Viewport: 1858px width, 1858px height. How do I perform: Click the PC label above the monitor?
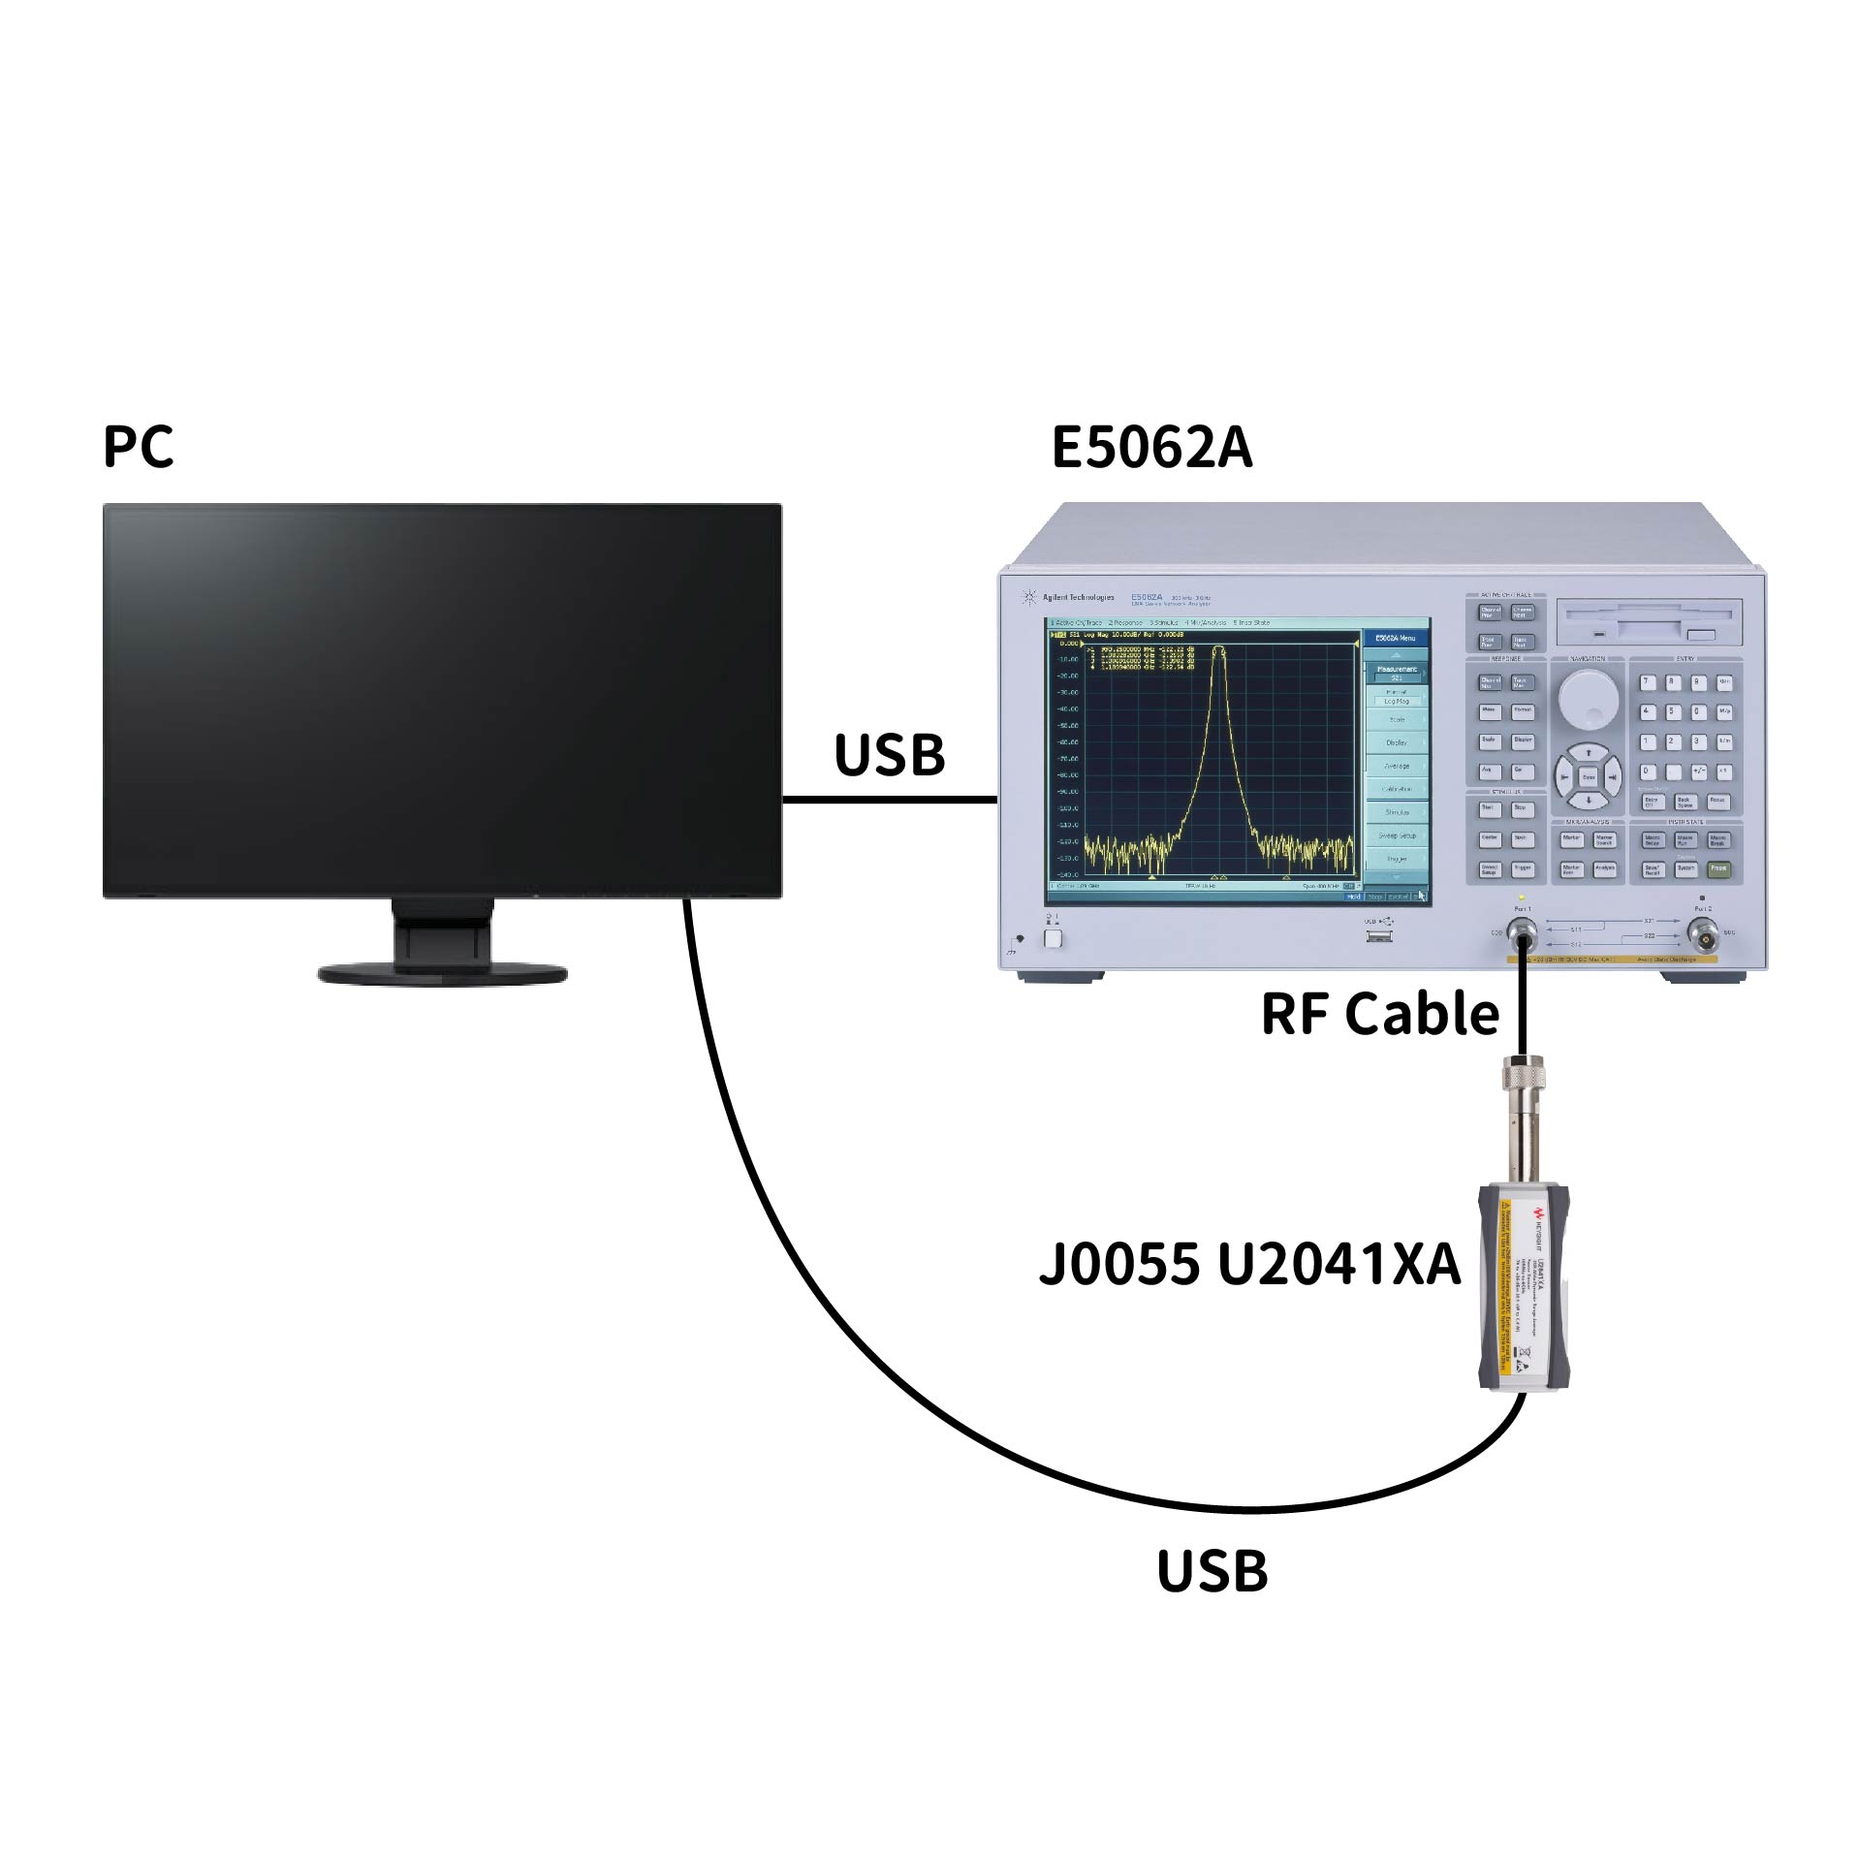(138, 447)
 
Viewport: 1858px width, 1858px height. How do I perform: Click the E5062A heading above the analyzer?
(1150, 448)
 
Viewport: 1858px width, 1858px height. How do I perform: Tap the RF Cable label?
(1379, 1014)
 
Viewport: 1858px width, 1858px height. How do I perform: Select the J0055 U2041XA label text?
(1248, 1264)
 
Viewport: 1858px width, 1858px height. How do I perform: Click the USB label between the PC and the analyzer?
(889, 755)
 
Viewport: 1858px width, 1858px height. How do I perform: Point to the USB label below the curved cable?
(1212, 1571)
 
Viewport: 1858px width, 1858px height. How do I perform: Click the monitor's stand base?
(442, 973)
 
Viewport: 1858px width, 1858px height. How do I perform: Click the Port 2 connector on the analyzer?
(1703, 935)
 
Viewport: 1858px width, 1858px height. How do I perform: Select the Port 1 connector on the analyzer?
(1522, 936)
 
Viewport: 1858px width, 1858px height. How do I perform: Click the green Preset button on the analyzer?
(1718, 868)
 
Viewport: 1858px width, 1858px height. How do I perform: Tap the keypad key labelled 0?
(1647, 772)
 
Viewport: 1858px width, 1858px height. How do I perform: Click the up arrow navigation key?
(1588, 753)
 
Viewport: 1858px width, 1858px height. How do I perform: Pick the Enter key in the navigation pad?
(1588, 776)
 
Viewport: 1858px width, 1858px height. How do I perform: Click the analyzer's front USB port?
(1378, 936)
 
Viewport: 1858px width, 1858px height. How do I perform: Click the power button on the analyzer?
(1053, 938)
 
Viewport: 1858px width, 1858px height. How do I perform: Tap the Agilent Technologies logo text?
(1078, 597)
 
